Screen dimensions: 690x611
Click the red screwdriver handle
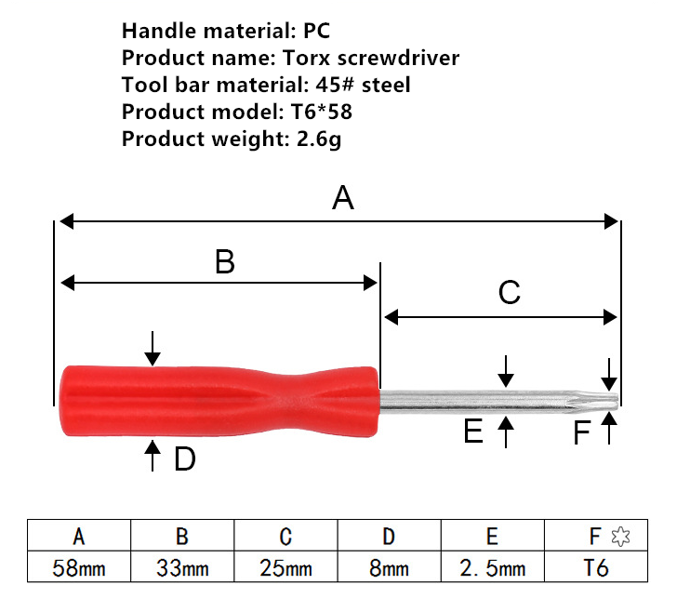[219, 401]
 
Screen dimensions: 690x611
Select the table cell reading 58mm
[79, 567]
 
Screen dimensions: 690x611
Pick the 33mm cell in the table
[182, 567]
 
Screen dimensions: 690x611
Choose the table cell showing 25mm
[285, 567]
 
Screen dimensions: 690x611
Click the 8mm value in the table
[389, 567]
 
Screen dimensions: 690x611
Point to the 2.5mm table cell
[493, 567]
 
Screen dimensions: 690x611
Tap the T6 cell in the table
[596, 567]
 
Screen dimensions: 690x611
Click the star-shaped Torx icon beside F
[620, 537]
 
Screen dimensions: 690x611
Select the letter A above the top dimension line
[343, 198]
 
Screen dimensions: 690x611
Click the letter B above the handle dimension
[225, 261]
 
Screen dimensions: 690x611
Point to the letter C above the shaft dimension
[510, 292]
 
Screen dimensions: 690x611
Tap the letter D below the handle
[185, 458]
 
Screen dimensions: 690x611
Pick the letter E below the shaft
[473, 431]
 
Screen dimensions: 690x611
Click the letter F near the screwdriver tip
[582, 432]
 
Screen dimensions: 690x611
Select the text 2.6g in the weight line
[319, 139]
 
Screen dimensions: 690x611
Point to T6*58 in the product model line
[321, 112]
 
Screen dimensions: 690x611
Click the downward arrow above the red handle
[153, 348]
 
